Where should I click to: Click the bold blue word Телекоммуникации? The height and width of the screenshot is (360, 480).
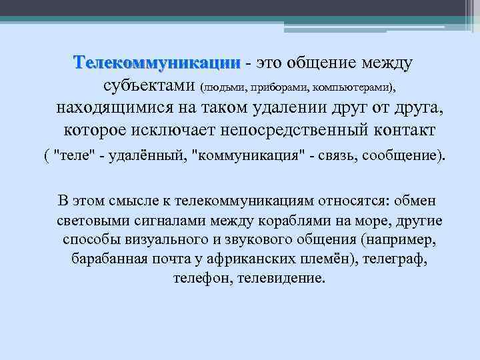pos(157,63)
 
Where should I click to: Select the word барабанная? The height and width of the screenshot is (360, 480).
pos(109,258)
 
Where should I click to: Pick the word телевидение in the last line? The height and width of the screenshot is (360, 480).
pos(285,277)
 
